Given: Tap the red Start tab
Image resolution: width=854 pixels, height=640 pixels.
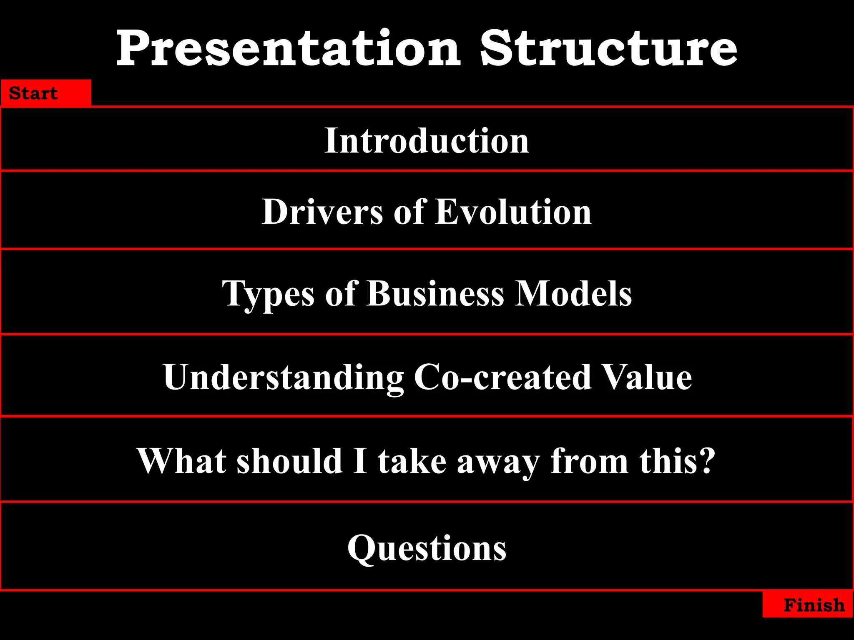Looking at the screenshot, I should click(x=45, y=93).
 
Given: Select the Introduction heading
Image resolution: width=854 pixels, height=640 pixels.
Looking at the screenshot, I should click(x=427, y=141).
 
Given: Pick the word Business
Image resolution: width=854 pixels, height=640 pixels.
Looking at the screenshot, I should click(x=435, y=293).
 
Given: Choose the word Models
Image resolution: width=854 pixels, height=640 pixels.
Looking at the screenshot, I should click(x=573, y=293).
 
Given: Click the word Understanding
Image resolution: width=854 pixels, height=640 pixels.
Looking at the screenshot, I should click(x=284, y=377).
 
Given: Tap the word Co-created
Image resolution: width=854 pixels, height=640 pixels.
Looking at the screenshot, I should click(x=502, y=377).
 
